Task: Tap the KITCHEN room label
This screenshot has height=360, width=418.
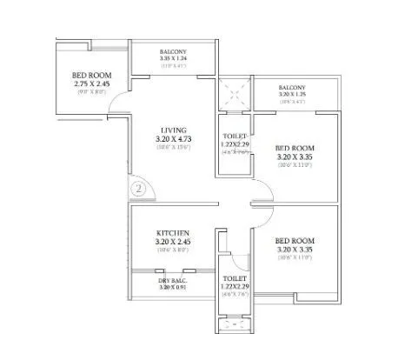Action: point(172,233)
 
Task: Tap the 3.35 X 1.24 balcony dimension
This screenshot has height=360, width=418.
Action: point(173,58)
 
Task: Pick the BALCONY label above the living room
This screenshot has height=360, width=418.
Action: point(173,50)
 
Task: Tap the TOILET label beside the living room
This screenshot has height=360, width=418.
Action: point(236,137)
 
